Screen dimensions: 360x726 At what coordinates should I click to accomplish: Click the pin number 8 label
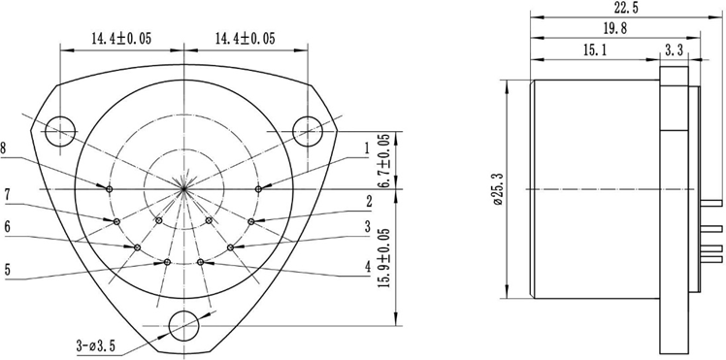click(6, 148)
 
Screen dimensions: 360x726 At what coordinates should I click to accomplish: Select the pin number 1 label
click(366, 148)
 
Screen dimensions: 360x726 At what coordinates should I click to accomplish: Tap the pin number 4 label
click(367, 266)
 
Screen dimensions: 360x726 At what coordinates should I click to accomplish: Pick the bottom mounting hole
click(183, 324)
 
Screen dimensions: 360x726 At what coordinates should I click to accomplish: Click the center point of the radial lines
click(183, 188)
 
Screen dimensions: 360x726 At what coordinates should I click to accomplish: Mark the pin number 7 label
click(7, 195)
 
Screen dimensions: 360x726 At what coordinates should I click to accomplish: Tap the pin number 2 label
click(368, 202)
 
